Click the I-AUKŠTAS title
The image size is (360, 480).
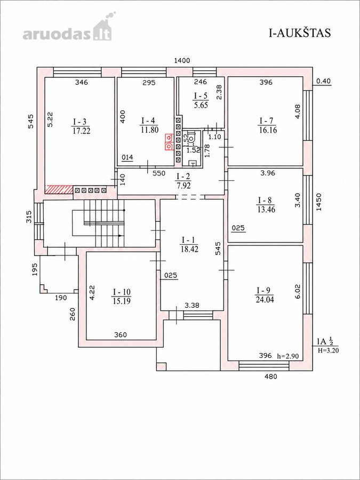click(x=300, y=33)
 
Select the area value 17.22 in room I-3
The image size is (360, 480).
click(x=81, y=131)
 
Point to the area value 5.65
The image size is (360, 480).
click(x=201, y=106)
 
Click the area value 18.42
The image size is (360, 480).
click(x=189, y=250)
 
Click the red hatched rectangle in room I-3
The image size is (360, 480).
click(x=59, y=189)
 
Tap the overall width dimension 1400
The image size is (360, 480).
click(x=182, y=61)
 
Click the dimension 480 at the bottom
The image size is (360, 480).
click(x=270, y=376)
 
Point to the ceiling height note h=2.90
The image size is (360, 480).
click(x=289, y=356)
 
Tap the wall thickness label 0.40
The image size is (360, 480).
click(x=324, y=81)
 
